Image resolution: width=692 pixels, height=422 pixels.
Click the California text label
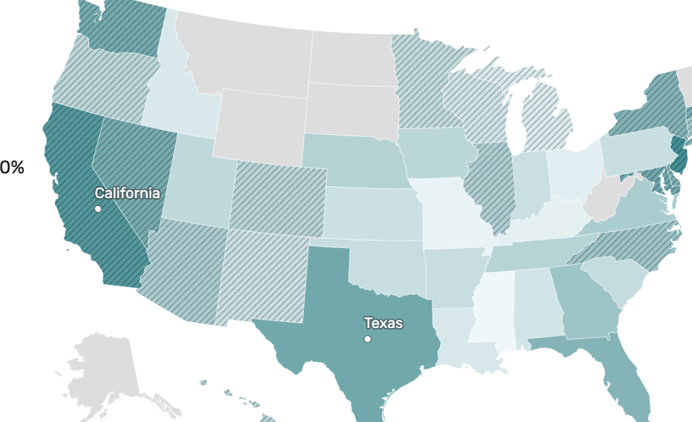[x=128, y=193]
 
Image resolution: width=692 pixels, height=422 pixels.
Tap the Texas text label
[x=383, y=324]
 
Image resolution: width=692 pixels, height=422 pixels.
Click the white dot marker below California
[x=98, y=209]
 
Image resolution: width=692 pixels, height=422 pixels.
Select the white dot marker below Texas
[x=367, y=339]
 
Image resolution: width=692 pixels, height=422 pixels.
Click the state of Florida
[x=622, y=378]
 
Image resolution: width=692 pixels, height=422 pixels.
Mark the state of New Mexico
[x=265, y=278]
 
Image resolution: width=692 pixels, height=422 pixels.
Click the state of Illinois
[x=489, y=183]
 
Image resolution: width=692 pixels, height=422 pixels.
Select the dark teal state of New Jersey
[x=679, y=158]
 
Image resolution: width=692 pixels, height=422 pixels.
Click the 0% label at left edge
[x=11, y=168]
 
